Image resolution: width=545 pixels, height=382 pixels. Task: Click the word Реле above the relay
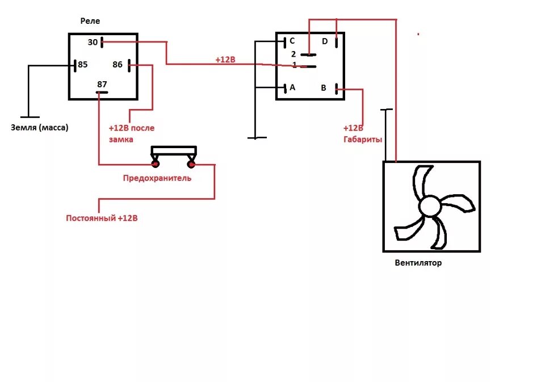pyautogui.click(x=90, y=21)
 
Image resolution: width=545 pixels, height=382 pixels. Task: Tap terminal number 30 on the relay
pyautogui.click(x=93, y=42)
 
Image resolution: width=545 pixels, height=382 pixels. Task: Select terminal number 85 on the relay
pyautogui.click(x=83, y=64)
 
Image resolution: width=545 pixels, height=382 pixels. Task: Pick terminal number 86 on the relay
pyautogui.click(x=118, y=64)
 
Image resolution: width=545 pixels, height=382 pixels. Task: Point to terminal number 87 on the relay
pyautogui.click(x=102, y=85)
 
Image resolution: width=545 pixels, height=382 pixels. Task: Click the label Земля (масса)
pyautogui.click(x=39, y=128)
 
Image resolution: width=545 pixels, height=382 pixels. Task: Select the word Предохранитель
pyautogui.click(x=157, y=178)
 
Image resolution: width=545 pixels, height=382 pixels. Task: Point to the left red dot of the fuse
pyautogui.click(x=155, y=165)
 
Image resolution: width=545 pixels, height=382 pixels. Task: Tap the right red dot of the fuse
pyautogui.click(x=191, y=165)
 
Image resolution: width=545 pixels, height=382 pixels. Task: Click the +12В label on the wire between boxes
pyautogui.click(x=225, y=60)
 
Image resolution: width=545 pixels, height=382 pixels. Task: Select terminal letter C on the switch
pyautogui.click(x=292, y=41)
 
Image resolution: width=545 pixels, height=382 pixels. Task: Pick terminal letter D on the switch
pyautogui.click(x=325, y=41)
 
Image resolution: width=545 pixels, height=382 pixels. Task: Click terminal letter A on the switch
pyautogui.click(x=292, y=87)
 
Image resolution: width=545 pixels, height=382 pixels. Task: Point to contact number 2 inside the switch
pyautogui.click(x=294, y=54)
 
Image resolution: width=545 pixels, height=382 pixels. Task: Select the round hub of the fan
pyautogui.click(x=430, y=206)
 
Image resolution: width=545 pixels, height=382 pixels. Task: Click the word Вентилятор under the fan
pyautogui.click(x=418, y=263)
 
